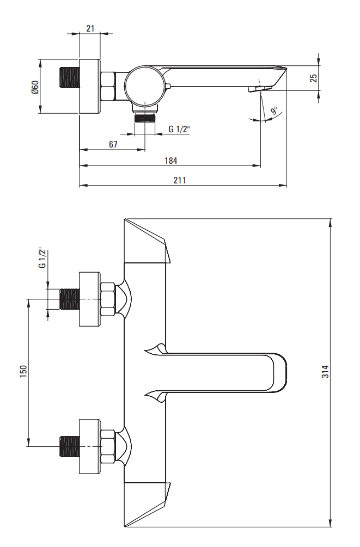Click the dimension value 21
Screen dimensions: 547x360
pyautogui.click(x=90, y=28)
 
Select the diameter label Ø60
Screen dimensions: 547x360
pyautogui.click(x=35, y=87)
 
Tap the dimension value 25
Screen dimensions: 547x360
pyautogui.click(x=314, y=78)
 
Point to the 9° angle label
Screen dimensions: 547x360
pyautogui.click(x=273, y=111)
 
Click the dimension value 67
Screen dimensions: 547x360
pyautogui.click(x=113, y=144)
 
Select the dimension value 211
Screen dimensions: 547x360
pyautogui.click(x=180, y=180)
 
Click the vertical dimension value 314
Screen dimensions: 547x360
pyautogui.click(x=325, y=372)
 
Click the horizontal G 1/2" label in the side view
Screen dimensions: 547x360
pyautogui.click(x=179, y=129)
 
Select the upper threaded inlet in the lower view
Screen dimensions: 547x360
pyautogui.click(x=69, y=299)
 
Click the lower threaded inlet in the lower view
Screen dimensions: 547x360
pyautogui.click(x=69, y=446)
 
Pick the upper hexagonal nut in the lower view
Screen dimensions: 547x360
pyautogui.click(x=107, y=299)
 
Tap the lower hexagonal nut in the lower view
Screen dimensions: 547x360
pyautogui.click(x=107, y=446)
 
